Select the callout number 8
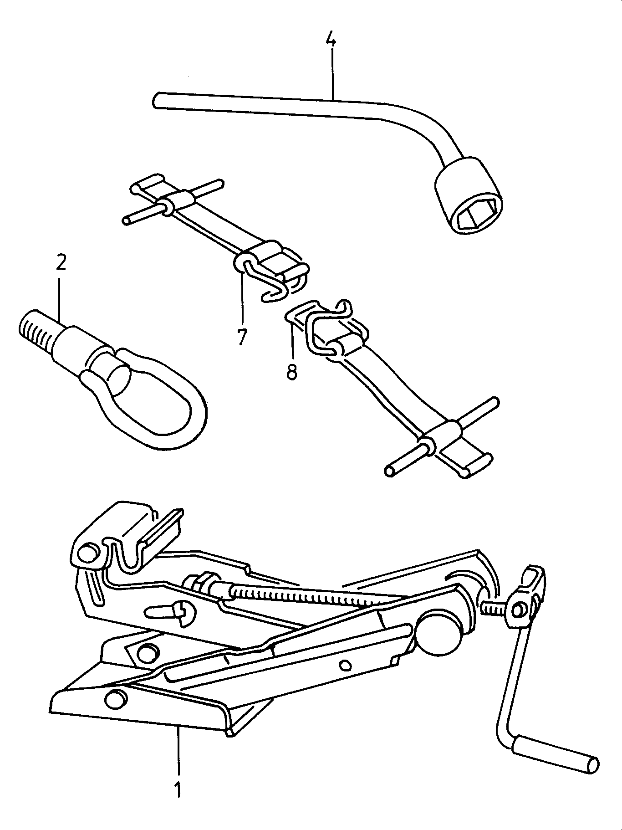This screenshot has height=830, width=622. (x=292, y=371)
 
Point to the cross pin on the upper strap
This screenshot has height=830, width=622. (x=173, y=203)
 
